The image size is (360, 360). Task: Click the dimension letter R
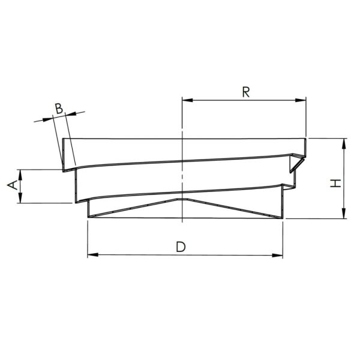coord(245,92)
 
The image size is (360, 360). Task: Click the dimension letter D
coord(180,246)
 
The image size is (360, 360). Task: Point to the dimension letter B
coord(59,108)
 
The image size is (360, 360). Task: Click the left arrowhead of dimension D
coord(92,256)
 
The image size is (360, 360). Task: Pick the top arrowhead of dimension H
coord(344,142)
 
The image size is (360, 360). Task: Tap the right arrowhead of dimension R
coord(302,100)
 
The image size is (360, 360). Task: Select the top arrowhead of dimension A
coord(20,173)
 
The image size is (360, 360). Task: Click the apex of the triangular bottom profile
coord(181,196)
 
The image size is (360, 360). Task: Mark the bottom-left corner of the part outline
coord(88,218)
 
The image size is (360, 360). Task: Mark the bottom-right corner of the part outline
coord(282,218)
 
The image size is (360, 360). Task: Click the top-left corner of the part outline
coord(62,139)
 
